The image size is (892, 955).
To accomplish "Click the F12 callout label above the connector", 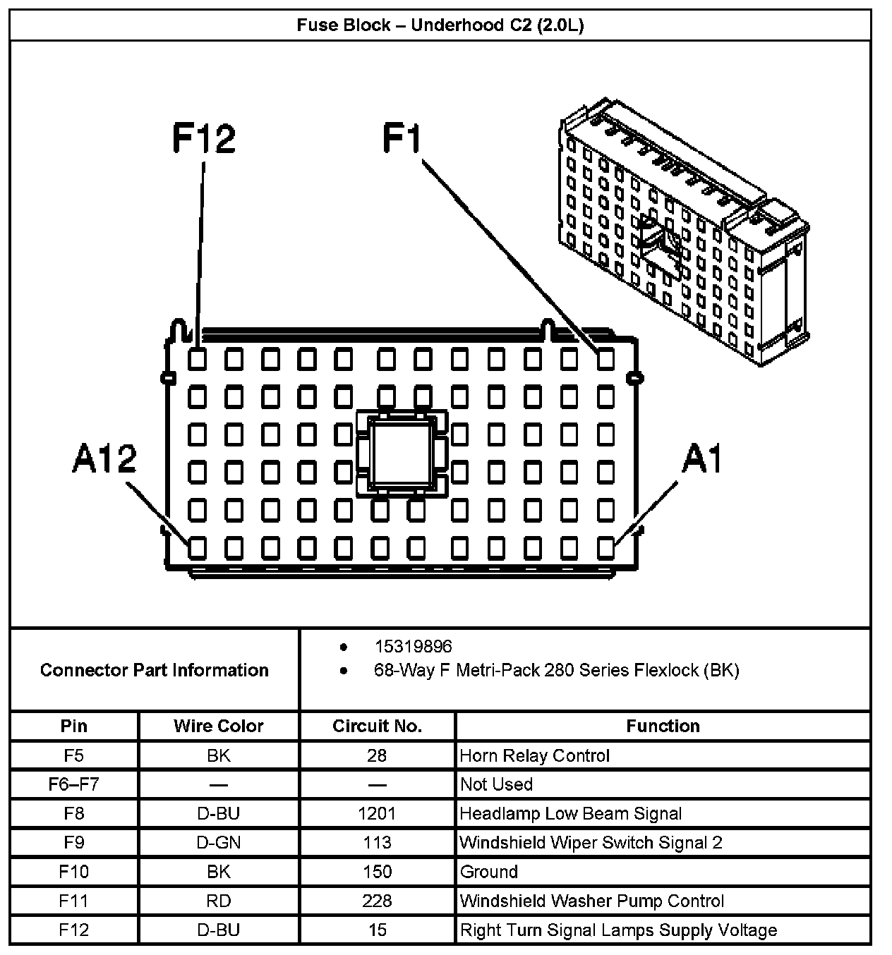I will coord(203,138).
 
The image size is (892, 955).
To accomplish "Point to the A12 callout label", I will coord(104,459).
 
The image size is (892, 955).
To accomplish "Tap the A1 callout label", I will coord(703,460).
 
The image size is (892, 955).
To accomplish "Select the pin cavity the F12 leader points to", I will coord(198,360).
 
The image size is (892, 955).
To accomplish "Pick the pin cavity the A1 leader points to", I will coord(605,547).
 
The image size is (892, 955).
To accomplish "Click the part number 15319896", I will coord(413,646).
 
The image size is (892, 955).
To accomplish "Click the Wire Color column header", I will coord(219,726).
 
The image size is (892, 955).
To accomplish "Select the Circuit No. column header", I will coord(377,726).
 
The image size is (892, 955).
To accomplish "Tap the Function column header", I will coord(663,726).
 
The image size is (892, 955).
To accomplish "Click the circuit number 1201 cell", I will coord(377,813).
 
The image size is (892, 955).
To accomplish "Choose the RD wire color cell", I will coord(219,901).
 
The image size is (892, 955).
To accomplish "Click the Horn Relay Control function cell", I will coord(534,755).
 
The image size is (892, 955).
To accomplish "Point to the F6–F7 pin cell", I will coord(73,784).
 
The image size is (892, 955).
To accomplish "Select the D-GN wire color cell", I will coord(219,842).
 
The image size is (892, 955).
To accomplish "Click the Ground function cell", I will coord(489,872).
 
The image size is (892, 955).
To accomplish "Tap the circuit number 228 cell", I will coord(377,901).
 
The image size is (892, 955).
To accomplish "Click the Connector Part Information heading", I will coord(154,669).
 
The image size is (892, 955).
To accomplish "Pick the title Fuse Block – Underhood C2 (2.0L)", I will coord(440,25).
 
